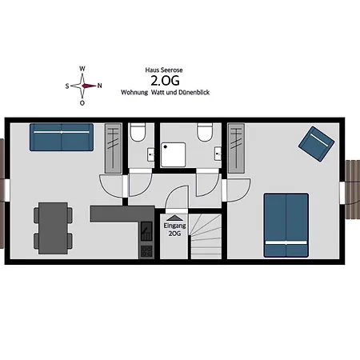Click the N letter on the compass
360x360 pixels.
pos(99,86)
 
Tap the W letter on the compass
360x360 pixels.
pos(82,69)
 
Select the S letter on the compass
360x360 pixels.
pos(67,86)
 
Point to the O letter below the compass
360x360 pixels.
pos(82,103)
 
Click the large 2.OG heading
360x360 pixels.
pos(165,81)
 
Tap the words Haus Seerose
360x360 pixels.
pos(164,70)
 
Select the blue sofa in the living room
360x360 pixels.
pos(62,137)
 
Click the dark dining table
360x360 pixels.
pos(53,228)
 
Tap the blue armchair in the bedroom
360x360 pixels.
pos(317,144)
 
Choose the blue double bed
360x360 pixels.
pos(286,226)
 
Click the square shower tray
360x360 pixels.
pos(174,155)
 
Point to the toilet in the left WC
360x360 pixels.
pos(138,132)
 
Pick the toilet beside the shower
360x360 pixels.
pos(205,132)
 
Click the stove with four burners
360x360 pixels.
pos(146,251)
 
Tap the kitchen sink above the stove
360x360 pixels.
pos(146,231)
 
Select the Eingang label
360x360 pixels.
pos(174,226)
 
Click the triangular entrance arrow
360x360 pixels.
pos(174,218)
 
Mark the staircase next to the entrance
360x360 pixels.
pos(206,236)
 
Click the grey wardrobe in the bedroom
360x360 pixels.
pos(236,148)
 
